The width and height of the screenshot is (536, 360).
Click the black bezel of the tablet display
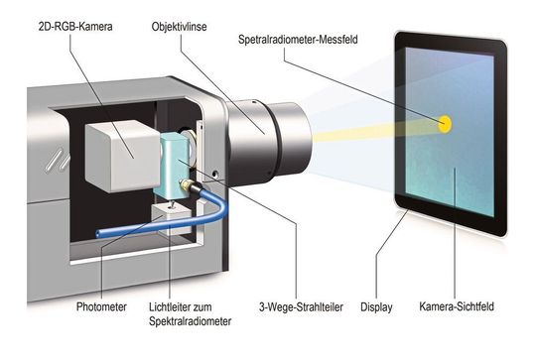pyautogui.click(x=401, y=119)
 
